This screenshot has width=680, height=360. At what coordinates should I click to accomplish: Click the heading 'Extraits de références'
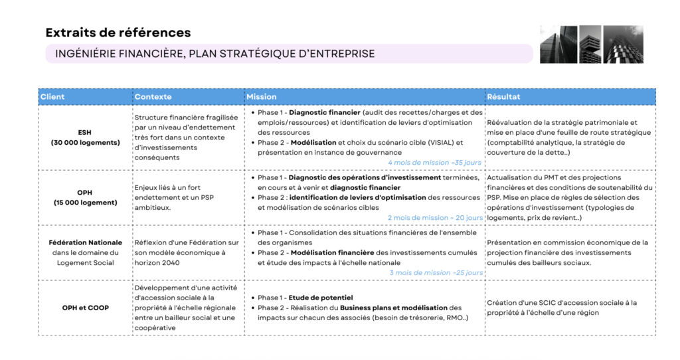click(118, 33)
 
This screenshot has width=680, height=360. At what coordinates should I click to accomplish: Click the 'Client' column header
click(53, 97)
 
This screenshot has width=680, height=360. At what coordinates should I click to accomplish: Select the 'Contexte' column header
click(153, 97)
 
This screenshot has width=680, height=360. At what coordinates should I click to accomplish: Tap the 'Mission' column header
click(262, 97)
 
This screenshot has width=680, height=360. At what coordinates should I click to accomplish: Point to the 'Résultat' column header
click(503, 97)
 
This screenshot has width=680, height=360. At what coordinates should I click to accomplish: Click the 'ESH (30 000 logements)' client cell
click(85, 137)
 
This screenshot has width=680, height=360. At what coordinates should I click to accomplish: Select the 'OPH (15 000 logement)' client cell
click(85, 197)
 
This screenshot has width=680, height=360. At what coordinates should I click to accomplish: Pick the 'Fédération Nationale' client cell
click(85, 252)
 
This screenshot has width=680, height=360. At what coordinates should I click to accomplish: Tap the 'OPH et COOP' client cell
click(85, 308)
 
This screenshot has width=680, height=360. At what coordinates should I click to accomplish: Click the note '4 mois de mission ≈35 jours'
click(435, 162)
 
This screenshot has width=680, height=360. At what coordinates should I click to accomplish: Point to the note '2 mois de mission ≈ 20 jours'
click(435, 217)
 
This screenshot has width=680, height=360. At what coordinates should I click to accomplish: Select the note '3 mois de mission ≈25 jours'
click(436, 272)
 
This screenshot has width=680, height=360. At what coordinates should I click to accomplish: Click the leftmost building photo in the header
click(558, 45)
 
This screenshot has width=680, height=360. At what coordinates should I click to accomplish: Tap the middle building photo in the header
click(590, 45)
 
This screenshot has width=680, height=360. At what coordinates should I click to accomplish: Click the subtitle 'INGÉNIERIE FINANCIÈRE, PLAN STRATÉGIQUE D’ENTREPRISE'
click(215, 54)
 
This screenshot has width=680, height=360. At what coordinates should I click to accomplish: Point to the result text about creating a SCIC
click(562, 308)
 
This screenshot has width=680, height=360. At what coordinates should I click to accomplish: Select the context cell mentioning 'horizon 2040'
click(187, 252)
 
